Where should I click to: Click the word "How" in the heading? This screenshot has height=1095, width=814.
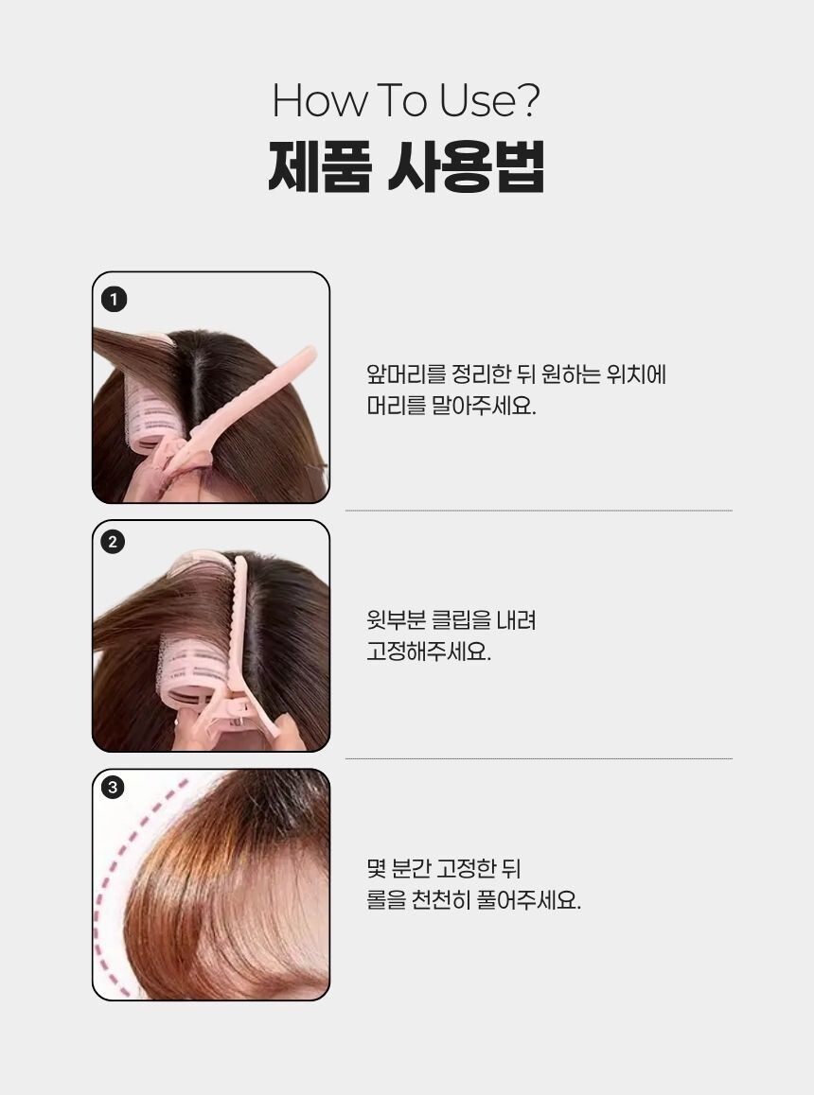319,100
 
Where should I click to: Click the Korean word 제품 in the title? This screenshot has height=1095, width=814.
319,166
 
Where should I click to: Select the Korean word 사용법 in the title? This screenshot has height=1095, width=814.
467,166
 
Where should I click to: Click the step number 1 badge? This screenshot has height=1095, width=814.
114,300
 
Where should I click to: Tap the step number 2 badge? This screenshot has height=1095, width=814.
113,542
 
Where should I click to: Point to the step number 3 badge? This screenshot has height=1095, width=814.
113,788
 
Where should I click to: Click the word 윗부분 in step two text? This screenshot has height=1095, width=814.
396,620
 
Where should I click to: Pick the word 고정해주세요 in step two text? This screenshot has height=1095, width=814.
429,652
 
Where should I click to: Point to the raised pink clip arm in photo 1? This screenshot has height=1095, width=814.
245,405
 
